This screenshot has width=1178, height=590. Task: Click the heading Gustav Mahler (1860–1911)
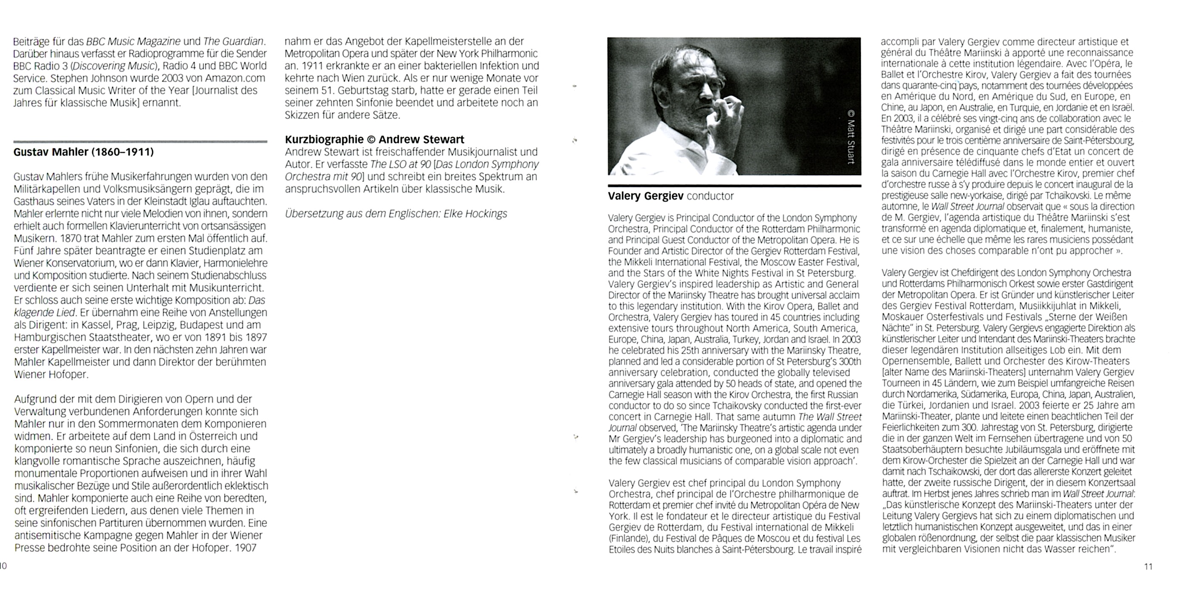(83, 152)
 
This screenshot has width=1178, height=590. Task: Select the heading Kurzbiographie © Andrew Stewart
(374, 139)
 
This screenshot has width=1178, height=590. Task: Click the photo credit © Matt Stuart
(850, 136)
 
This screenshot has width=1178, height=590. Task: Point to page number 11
(1148, 567)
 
